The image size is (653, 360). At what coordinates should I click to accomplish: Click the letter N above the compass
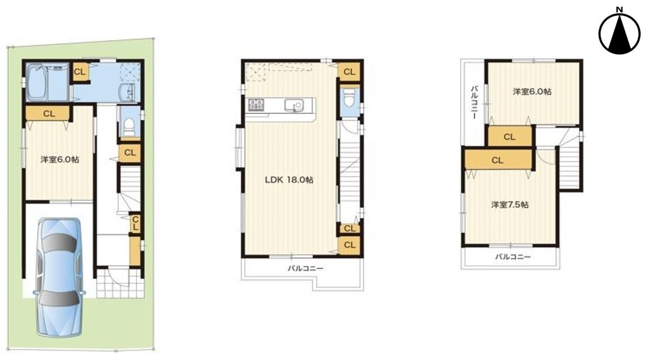[x=619, y=9]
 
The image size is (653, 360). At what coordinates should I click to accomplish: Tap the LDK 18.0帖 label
[x=289, y=180]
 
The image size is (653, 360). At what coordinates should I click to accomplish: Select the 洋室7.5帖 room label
[x=510, y=205]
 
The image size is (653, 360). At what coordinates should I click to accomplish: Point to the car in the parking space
[x=59, y=277]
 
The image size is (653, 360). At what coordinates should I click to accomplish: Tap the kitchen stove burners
[x=256, y=104]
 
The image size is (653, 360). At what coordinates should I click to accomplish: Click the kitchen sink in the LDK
[x=294, y=106]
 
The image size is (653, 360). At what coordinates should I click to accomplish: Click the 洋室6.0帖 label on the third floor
[x=532, y=92]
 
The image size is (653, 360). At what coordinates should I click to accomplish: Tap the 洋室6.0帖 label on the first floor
[x=60, y=160]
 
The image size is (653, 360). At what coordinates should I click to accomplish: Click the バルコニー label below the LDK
[x=306, y=269]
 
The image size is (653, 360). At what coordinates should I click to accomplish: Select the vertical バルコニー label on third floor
[x=474, y=103]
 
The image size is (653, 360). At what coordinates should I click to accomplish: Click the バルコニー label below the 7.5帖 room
[x=512, y=257]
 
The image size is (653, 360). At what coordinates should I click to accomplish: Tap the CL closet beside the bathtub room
[x=79, y=72]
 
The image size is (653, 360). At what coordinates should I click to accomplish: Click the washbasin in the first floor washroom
[x=127, y=92]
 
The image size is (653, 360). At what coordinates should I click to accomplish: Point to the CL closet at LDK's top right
[x=349, y=72]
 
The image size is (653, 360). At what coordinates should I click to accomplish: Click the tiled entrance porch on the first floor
[x=120, y=284]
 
